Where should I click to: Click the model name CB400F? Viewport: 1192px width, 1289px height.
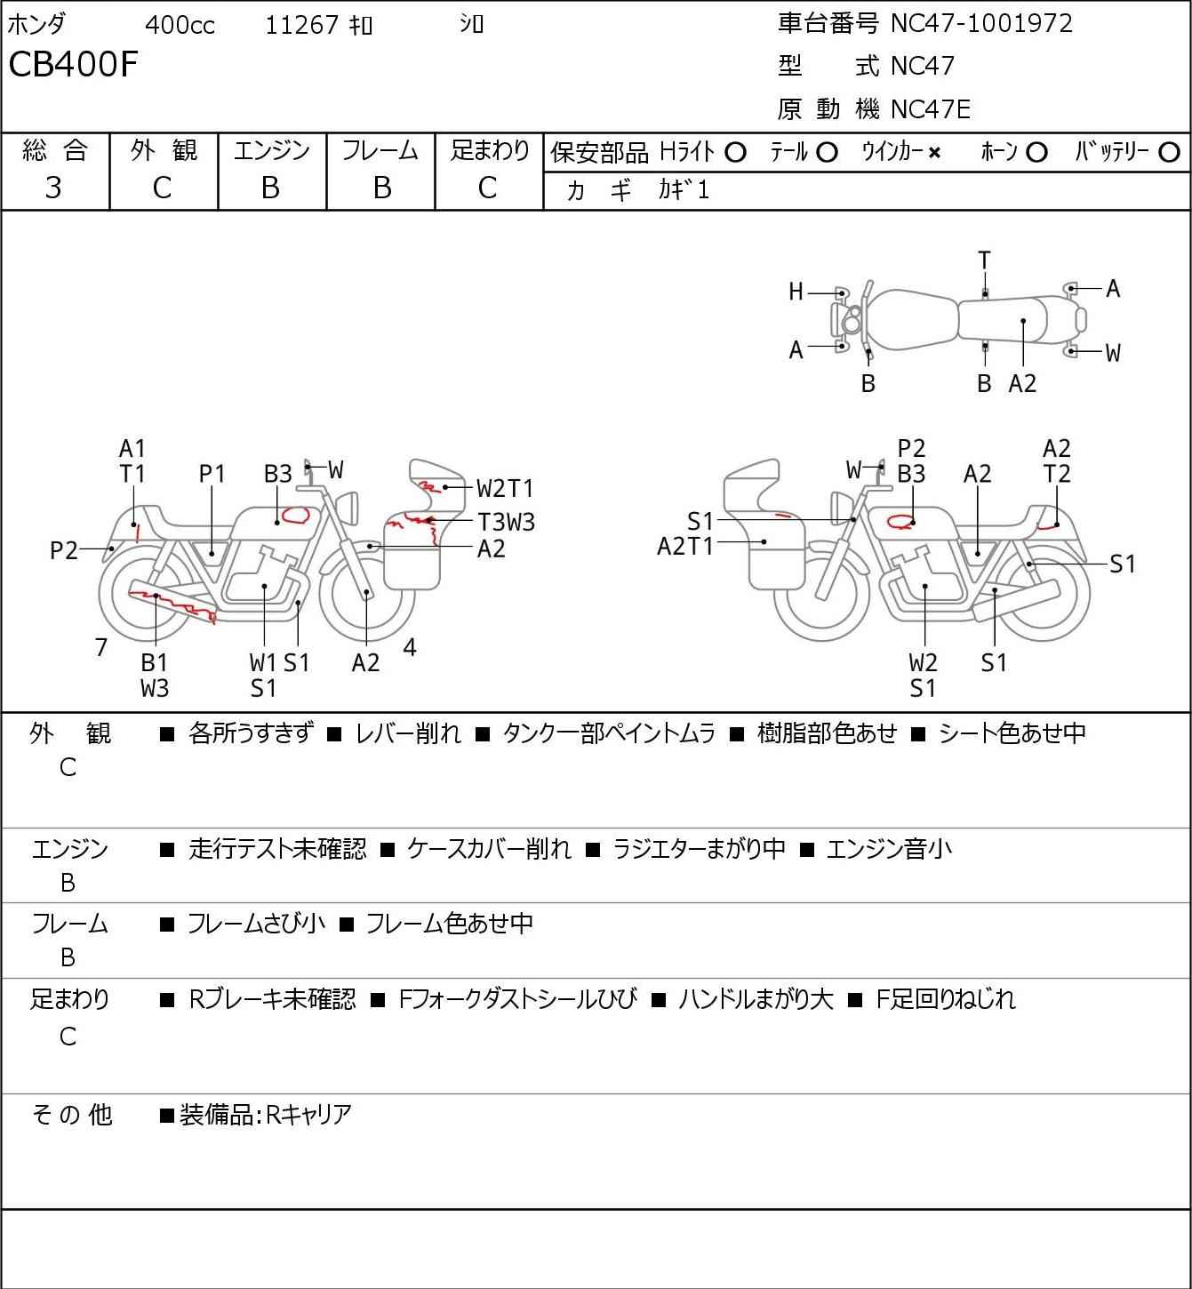(73, 64)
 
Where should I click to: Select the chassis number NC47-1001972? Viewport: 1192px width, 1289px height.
(981, 23)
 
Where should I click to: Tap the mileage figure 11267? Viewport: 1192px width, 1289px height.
(301, 25)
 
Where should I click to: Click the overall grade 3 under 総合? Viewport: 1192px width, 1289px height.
(53, 188)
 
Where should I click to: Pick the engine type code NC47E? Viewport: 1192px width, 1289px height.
(931, 109)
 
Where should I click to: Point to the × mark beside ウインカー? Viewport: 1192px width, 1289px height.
(934, 153)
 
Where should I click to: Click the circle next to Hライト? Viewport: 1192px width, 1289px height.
(735, 153)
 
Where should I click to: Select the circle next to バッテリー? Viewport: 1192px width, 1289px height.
(1169, 153)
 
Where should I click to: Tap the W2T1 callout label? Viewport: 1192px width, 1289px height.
(505, 488)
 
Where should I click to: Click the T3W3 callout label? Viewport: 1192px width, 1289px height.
(507, 522)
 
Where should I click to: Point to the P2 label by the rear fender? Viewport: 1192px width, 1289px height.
(64, 550)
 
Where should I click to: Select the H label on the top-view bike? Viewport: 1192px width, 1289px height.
(796, 292)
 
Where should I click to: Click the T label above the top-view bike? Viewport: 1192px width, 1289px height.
(984, 260)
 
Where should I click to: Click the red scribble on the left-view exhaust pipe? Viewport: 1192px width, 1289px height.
(172, 604)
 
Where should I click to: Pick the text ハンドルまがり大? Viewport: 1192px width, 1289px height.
(756, 999)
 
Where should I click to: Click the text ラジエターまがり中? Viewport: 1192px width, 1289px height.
(699, 849)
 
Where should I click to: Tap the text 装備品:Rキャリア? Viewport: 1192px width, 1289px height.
(266, 1115)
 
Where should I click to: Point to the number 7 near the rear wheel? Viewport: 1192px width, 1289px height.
(100, 647)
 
